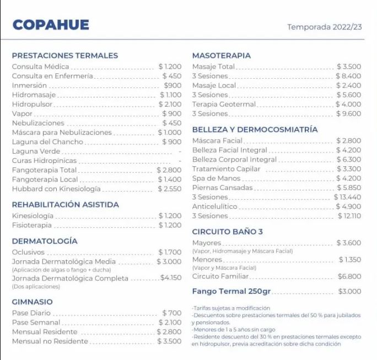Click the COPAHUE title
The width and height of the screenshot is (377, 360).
point(50,25)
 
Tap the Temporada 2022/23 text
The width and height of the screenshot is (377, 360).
point(325,26)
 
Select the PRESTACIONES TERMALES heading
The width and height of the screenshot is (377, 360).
point(64,56)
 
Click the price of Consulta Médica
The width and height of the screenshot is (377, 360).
point(170,67)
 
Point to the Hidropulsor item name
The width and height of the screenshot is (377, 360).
point(32,104)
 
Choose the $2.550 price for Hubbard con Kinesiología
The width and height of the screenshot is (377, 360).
point(169,189)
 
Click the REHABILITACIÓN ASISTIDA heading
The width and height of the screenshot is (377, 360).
point(65,205)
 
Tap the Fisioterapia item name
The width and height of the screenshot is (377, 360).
point(32,225)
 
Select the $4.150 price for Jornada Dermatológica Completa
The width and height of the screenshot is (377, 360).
point(171,278)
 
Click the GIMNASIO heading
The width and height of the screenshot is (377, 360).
point(32,302)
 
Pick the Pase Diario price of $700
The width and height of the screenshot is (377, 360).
point(172,313)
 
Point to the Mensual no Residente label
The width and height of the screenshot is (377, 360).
point(50,341)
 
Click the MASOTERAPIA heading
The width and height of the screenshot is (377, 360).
point(221,56)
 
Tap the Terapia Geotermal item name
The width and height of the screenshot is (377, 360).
point(224,104)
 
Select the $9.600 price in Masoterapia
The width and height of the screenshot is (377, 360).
point(348,113)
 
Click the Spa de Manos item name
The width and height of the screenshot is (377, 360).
point(217,178)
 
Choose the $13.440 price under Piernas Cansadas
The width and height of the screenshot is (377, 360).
point(347,197)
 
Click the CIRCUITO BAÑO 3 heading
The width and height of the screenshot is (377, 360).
point(227,232)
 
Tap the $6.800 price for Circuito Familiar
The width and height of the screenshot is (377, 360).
point(349,276)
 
